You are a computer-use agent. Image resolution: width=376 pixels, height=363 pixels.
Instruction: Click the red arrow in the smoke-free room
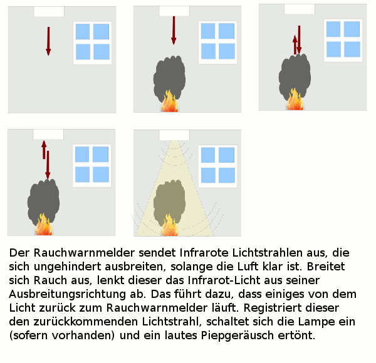tap(48, 41)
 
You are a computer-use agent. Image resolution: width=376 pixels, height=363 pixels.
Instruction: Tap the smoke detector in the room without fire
tap(49, 12)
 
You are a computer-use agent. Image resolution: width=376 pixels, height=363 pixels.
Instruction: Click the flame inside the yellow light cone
tap(170, 225)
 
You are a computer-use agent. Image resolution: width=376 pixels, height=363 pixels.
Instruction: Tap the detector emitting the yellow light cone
tap(174, 135)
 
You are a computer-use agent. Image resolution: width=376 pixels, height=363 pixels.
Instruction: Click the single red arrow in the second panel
tap(174, 31)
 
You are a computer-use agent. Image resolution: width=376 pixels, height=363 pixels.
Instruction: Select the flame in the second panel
tap(170, 101)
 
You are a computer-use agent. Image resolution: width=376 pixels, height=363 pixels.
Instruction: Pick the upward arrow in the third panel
tap(295, 45)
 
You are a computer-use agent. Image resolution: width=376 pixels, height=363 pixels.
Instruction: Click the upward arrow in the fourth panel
tap(44, 150)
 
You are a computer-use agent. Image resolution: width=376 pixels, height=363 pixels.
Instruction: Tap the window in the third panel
tap(343, 41)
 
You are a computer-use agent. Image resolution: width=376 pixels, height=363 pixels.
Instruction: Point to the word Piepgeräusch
tap(238, 335)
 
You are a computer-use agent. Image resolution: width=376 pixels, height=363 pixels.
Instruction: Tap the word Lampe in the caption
tap(316, 322)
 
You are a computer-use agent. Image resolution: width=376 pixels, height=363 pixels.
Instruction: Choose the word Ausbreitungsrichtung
tap(68, 295)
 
